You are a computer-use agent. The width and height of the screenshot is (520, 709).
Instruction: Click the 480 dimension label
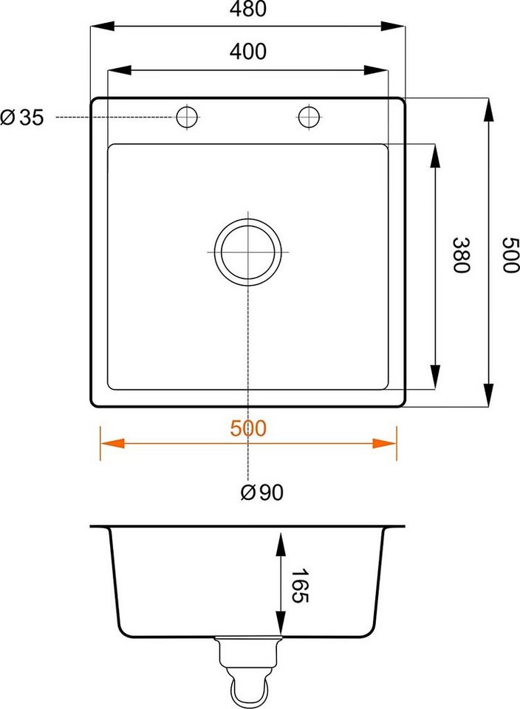(247, 9)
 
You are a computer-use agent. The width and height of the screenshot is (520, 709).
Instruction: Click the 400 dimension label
(247, 52)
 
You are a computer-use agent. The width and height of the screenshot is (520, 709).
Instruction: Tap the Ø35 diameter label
(22, 117)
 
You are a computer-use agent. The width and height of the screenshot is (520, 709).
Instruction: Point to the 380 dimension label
(462, 255)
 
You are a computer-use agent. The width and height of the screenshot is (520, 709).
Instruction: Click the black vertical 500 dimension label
(511, 255)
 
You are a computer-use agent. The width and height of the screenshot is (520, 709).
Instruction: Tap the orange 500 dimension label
(247, 428)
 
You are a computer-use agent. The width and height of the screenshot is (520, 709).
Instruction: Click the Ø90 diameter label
(261, 492)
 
